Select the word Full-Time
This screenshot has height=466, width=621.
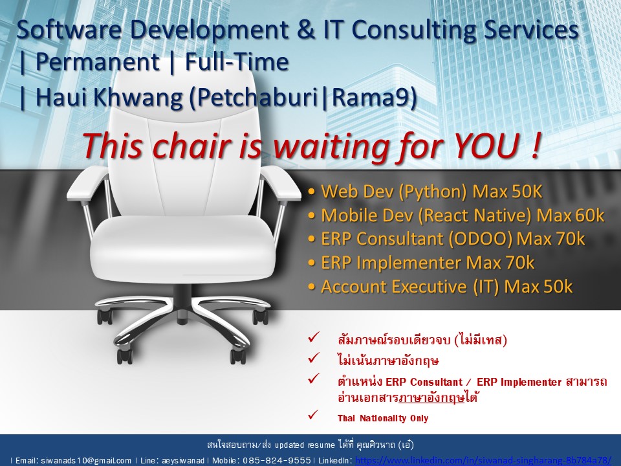(x=237, y=62)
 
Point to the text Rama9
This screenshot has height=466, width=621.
(x=371, y=98)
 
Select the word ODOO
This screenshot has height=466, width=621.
(x=480, y=239)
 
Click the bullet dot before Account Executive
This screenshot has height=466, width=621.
(x=312, y=287)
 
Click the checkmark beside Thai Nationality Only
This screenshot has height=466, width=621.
(x=313, y=415)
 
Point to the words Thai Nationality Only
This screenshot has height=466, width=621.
(x=382, y=418)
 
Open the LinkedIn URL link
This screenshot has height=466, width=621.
(x=483, y=460)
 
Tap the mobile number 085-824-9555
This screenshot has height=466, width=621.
(x=276, y=460)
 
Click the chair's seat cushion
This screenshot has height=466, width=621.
(x=182, y=248)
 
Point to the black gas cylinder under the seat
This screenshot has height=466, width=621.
(x=183, y=295)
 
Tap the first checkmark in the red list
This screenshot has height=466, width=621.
(x=313, y=338)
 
